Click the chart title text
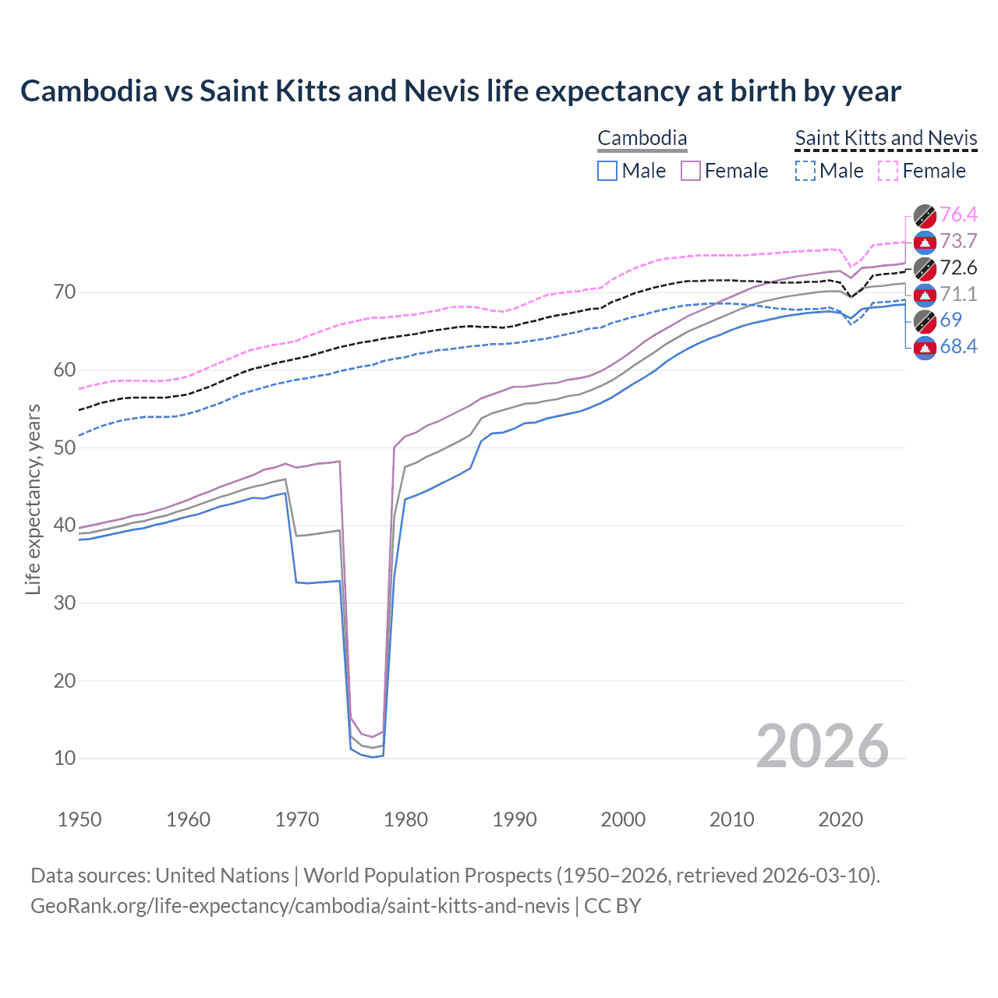click(460, 91)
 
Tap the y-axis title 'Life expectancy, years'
click(33, 499)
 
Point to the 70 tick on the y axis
click(65, 292)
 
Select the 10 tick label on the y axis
click(65, 758)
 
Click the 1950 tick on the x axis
click(80, 819)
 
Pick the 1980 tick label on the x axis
click(405, 819)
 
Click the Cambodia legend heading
click(642, 139)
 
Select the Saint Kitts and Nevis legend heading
click(886, 139)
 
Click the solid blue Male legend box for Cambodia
click(607, 171)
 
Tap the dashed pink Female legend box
click(888, 171)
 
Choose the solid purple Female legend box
click(691, 171)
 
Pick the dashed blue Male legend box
click(805, 171)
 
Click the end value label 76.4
click(958, 215)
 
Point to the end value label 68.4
click(958, 347)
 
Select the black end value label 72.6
click(958, 268)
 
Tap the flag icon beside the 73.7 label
click(925, 242)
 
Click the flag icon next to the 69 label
click(925, 320)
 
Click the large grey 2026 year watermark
click(822, 746)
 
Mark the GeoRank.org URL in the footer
click(299, 906)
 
